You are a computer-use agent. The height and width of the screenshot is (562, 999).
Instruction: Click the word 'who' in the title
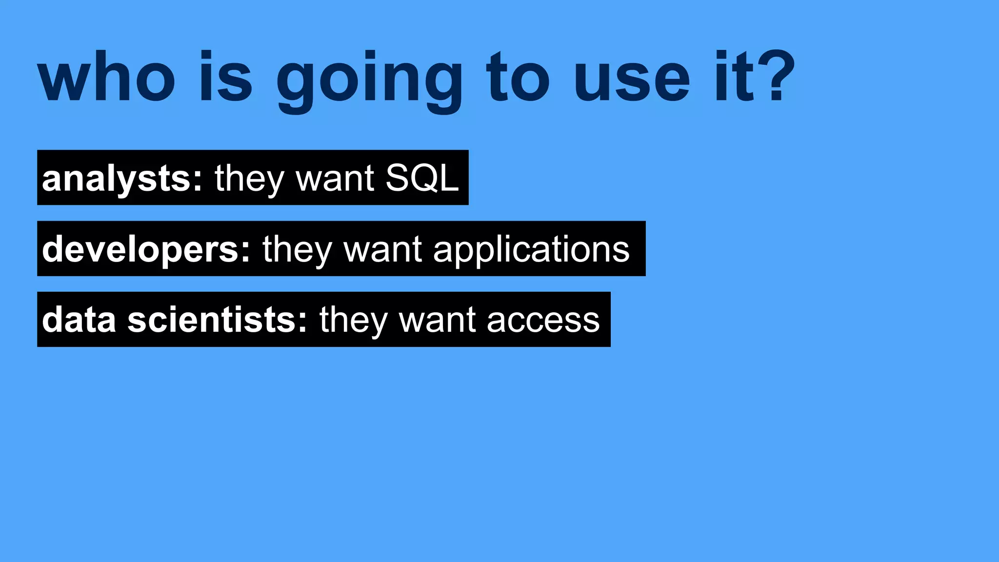coord(106,78)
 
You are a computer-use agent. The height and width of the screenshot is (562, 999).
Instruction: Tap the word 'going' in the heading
coord(369,80)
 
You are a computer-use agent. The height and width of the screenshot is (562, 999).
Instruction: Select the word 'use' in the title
coord(632,78)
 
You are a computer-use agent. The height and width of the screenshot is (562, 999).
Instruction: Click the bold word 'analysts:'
coord(122,179)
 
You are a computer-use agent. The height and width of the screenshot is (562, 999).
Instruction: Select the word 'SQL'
coord(422,178)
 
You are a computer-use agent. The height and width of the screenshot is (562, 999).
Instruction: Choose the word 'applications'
coord(531,250)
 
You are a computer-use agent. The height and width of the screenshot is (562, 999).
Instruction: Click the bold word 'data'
coord(79,320)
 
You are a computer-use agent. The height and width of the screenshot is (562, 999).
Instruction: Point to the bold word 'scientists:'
coord(218,320)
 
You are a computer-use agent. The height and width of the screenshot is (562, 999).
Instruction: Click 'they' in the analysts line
coord(249,179)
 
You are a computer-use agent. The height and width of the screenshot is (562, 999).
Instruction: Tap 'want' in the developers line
coord(382,249)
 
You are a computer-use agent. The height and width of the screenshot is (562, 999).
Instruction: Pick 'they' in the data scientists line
coord(354,321)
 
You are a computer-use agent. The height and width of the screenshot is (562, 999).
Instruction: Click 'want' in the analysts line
coord(335,179)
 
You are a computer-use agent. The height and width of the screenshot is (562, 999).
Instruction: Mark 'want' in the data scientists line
coord(438,321)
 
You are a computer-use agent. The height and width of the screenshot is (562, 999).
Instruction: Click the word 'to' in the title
coord(518,78)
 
